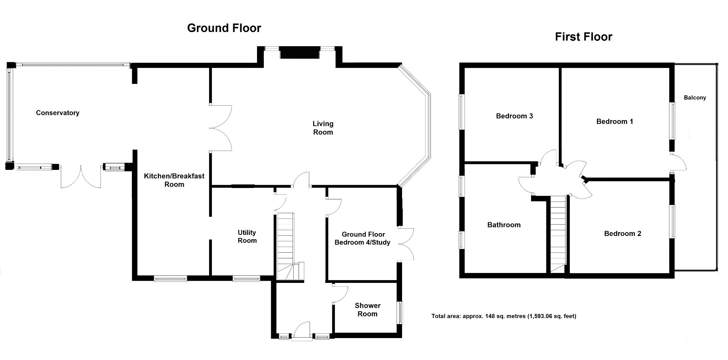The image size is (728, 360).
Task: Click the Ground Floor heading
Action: point(224,28)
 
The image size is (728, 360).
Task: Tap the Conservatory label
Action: point(58,113)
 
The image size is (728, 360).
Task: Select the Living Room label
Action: point(323,128)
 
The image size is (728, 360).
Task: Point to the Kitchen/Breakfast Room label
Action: point(174,180)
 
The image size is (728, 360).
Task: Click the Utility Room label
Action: point(247,236)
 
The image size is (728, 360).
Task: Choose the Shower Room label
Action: point(368,310)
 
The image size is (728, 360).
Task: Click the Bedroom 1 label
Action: point(615,122)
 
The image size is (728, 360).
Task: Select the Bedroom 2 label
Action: point(623,233)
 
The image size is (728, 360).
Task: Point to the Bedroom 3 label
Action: point(514,116)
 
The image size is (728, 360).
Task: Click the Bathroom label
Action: point(504,225)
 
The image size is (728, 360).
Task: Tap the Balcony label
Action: point(695,98)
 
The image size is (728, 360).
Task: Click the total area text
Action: point(504,316)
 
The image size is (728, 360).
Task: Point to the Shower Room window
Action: point(400,313)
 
